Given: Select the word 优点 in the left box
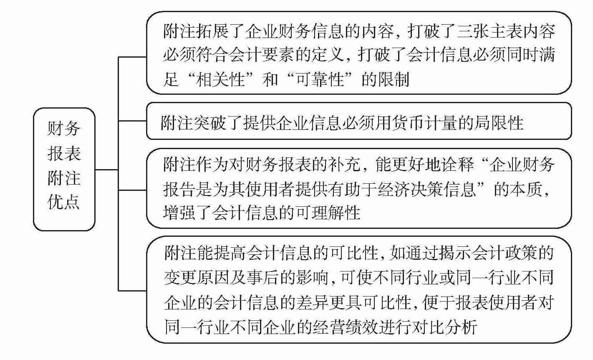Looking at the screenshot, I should pos(63,203).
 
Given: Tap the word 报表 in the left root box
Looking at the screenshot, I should pos(63,154).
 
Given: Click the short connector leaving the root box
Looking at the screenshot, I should pos(106,170).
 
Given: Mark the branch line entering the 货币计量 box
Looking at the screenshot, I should pos(132,121).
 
